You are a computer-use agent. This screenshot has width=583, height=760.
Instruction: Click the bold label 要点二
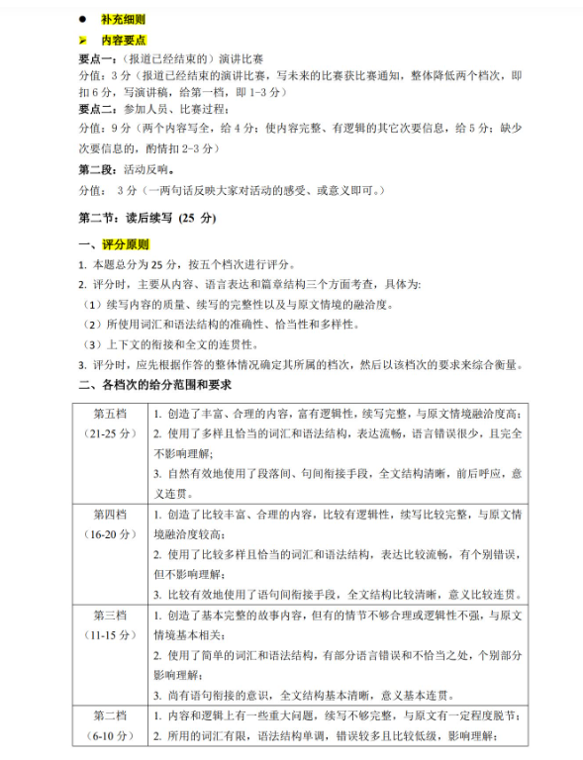[97, 110]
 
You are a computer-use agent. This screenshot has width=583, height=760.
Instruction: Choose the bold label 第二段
[97, 168]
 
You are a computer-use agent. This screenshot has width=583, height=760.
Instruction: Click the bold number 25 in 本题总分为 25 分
[158, 265]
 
